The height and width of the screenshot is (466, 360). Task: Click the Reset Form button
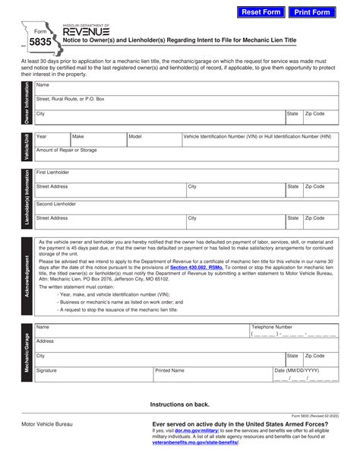tap(261, 12)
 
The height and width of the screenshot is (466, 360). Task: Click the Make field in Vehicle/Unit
tap(97, 141)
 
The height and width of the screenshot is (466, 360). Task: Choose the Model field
tap(153, 141)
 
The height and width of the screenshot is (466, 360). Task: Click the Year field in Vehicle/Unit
tap(51, 141)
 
